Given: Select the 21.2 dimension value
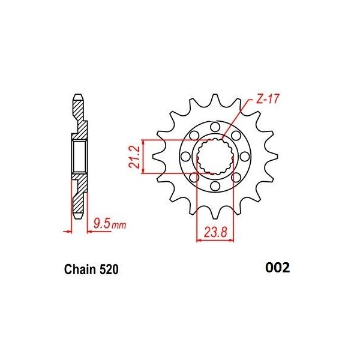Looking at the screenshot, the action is point(134,157).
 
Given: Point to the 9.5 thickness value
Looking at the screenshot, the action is point(102,223).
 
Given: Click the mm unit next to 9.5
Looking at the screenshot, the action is point(119,225).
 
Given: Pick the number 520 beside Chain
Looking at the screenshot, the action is point(109,269).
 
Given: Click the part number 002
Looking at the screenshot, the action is point(277,268).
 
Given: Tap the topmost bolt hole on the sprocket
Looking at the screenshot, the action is point(215,127).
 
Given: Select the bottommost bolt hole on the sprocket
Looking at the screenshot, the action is point(215,186).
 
